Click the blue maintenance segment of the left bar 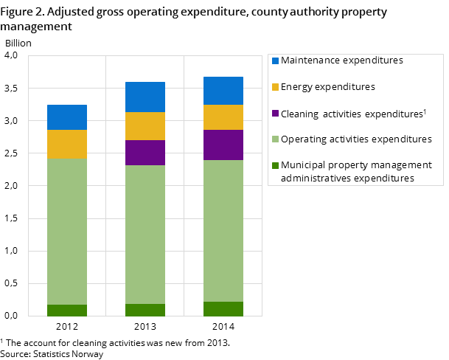(x=67, y=117)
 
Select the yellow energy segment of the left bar (x=67, y=145)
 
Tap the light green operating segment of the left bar (x=67, y=232)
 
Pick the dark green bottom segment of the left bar (x=67, y=311)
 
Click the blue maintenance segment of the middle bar (x=145, y=97)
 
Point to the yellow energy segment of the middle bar (x=145, y=126)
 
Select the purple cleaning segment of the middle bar (x=145, y=153)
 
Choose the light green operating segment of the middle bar (x=145, y=235)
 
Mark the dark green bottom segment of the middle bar (x=145, y=310)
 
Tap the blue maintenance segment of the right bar (x=223, y=91)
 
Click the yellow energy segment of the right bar (x=223, y=117)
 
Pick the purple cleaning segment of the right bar (x=223, y=145)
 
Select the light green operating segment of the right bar (x=223, y=231)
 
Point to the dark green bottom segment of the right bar (x=223, y=309)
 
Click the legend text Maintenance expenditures (x=342, y=60)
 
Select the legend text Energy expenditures (x=328, y=87)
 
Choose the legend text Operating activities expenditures (x=356, y=139)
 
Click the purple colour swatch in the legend (x=275, y=114)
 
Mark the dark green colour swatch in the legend (x=275, y=165)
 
